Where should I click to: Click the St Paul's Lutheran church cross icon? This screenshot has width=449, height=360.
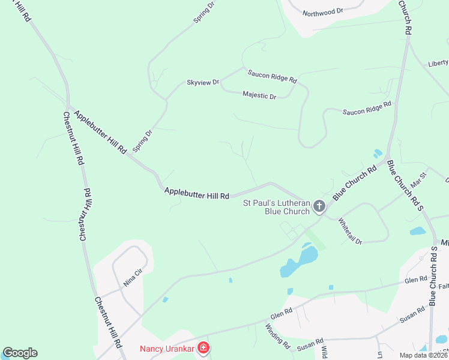[319, 207]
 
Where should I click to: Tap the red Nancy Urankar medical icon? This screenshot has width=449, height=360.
[203, 348]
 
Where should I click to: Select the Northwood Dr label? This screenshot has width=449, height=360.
[322, 12]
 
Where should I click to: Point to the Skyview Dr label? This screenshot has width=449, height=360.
[203, 82]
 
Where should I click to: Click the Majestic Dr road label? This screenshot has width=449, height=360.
[259, 95]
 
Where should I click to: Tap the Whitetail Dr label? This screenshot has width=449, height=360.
[351, 230]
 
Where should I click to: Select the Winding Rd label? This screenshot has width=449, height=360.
[277, 337]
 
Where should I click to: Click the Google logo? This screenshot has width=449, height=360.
[20, 353]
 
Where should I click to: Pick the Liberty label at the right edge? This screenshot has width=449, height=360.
[438, 63]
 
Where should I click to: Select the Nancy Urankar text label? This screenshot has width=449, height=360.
[168, 348]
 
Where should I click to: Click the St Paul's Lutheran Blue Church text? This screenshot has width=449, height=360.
[276, 207]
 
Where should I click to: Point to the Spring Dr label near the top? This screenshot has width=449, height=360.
[204, 12]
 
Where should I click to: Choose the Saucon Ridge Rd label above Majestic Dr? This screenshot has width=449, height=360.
[273, 76]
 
